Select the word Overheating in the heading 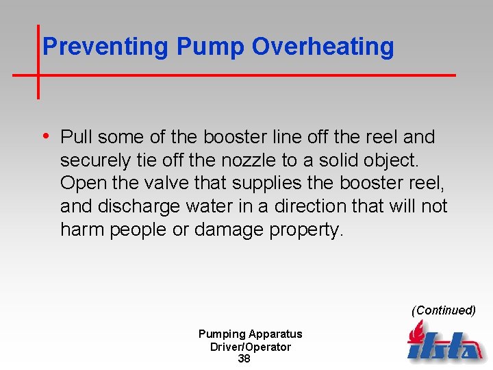coord(323,47)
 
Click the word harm coord(80,230)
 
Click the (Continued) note coord(443,310)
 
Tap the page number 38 coord(244,359)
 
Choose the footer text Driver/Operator coord(250,347)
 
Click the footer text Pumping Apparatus coord(250,334)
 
